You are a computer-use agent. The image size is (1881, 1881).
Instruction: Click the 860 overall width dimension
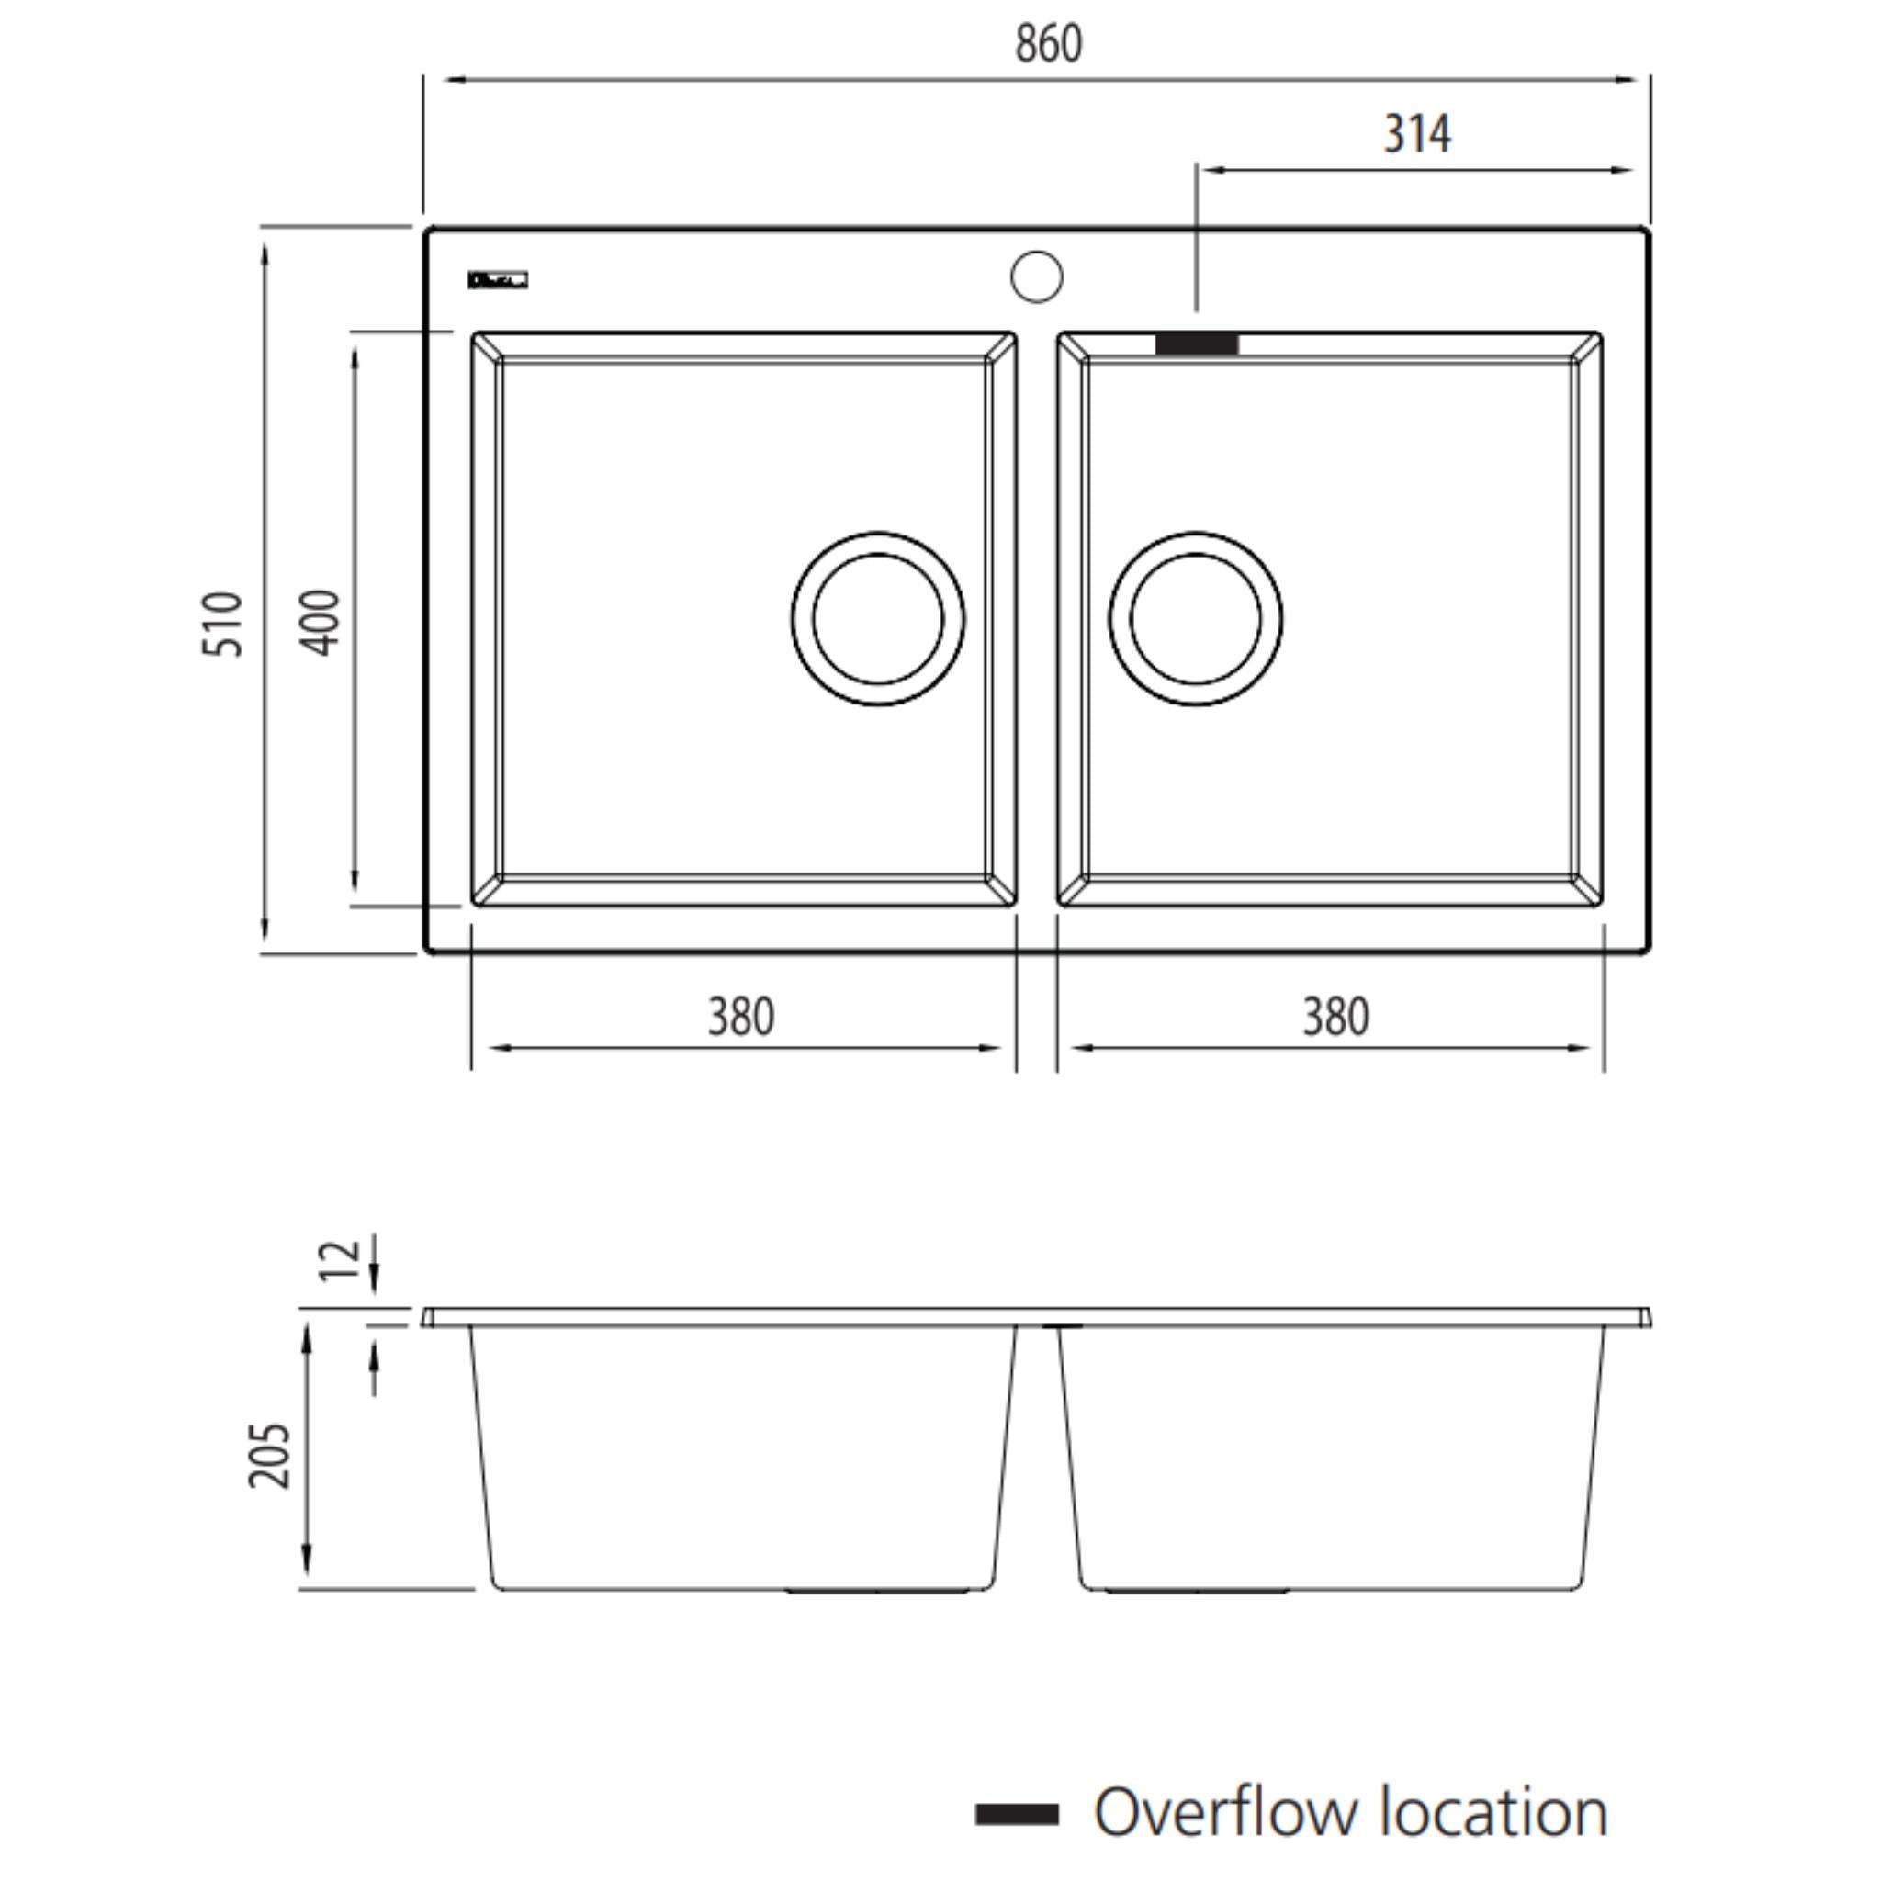(x=1048, y=44)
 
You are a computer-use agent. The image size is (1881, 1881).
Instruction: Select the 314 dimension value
(x=1416, y=134)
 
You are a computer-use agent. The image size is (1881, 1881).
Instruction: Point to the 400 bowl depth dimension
(x=321, y=622)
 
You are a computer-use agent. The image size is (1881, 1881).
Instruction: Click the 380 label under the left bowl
(x=741, y=1018)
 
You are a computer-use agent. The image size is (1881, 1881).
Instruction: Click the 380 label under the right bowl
(x=1335, y=1018)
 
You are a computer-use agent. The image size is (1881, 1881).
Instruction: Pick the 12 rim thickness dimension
(x=340, y=1261)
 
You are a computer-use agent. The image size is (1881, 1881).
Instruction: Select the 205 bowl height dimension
(x=270, y=1456)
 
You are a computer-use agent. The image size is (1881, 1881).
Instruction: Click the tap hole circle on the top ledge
(x=1036, y=276)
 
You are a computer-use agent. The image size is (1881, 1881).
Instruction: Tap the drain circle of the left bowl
(x=878, y=619)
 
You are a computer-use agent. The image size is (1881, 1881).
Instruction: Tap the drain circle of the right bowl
(x=1196, y=619)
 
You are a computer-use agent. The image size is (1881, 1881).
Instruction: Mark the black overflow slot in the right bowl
(x=1197, y=344)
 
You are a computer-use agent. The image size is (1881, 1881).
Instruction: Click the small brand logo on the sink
(x=497, y=280)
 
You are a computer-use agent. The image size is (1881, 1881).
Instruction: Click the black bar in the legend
(x=1017, y=1814)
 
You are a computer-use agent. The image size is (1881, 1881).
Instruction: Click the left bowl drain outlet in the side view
(x=877, y=1591)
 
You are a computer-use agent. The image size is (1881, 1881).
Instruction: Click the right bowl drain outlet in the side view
(x=1197, y=1591)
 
